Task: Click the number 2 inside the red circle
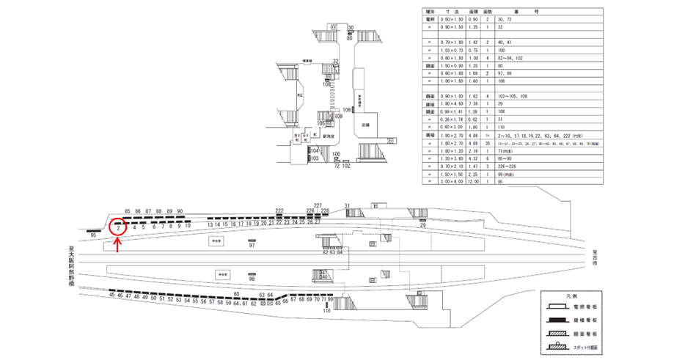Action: [x=118, y=227]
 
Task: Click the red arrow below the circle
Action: [x=119, y=245]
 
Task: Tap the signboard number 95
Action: [x=93, y=236]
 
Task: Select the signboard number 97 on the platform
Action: [x=252, y=246]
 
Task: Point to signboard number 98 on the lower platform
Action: [x=252, y=279]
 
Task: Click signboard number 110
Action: [x=326, y=312]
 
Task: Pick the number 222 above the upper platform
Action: [x=279, y=210]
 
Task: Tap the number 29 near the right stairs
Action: [x=423, y=227]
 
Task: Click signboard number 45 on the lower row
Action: [x=112, y=297]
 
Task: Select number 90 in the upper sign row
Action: [x=180, y=210]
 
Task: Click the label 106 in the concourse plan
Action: [x=347, y=109]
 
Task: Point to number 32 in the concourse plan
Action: [x=335, y=61]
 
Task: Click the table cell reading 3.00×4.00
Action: [x=446, y=182]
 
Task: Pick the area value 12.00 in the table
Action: [x=473, y=182]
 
